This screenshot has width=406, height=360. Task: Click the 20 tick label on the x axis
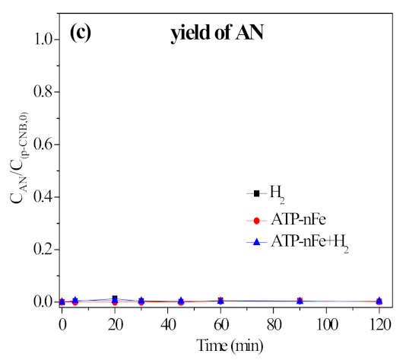tap(115, 322)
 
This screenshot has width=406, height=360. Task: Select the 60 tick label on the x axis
tap(220, 322)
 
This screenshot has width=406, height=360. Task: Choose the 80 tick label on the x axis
tap(273, 322)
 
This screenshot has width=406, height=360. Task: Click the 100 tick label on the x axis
tap(326, 322)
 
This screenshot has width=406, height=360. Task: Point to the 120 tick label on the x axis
tap(379, 322)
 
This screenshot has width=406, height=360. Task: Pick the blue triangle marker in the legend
tap(256, 241)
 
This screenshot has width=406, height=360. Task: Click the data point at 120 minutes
tap(379, 301)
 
